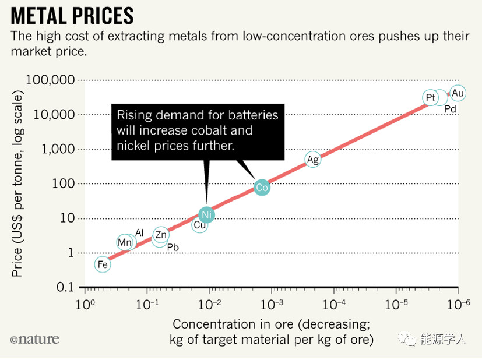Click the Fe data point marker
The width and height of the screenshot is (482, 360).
coord(103,264)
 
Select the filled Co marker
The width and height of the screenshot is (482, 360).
coord(262,188)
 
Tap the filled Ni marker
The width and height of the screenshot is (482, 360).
coord(206,215)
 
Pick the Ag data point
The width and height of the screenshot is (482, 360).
coord(313,160)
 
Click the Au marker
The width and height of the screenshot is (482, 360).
coord(458,93)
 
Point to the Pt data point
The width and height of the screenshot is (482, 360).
coord(431,98)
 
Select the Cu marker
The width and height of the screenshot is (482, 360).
coord(200,225)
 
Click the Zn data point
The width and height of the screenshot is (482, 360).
coord(161,235)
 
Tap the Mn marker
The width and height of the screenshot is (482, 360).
coord(125,242)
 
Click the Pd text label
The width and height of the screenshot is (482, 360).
coord(451,110)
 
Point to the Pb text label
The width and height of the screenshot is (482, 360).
coord(173,248)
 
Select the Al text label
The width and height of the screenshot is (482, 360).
coord(139,233)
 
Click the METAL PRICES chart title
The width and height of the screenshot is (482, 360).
coord(72,15)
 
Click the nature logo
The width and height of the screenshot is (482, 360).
coord(34,338)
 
